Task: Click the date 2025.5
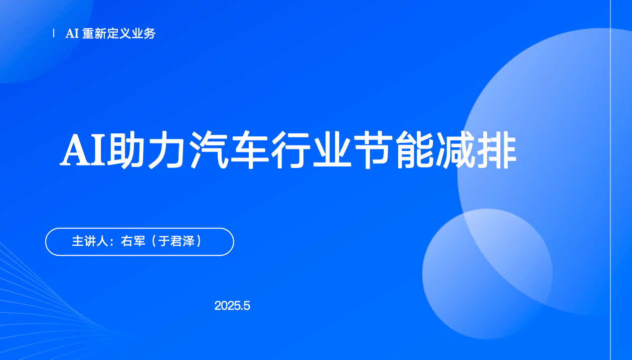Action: (x=232, y=306)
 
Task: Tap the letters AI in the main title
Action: (x=83, y=149)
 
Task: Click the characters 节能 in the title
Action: (x=393, y=149)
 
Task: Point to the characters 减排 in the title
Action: (x=477, y=149)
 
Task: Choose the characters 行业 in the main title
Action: (x=310, y=149)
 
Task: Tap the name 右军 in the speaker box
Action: (x=133, y=241)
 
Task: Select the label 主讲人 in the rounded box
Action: (x=90, y=241)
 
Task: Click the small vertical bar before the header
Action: (x=54, y=33)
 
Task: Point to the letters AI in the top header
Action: (x=72, y=34)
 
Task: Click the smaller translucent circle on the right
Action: (x=487, y=274)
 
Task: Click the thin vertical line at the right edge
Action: (x=611, y=180)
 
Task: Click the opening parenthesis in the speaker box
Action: (x=154, y=241)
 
